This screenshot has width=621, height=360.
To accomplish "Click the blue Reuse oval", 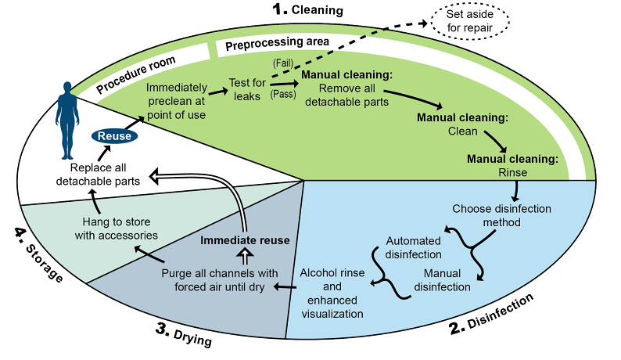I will [x=114, y=136].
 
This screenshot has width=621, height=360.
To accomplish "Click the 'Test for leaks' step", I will [x=248, y=88].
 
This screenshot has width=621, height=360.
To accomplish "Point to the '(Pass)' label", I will [x=282, y=95].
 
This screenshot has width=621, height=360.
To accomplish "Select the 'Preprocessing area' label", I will [x=277, y=43].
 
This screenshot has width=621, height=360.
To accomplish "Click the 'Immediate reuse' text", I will [x=245, y=240].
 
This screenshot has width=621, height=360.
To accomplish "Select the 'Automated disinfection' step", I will [x=414, y=247].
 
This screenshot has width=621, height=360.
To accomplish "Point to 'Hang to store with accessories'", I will [x=117, y=227].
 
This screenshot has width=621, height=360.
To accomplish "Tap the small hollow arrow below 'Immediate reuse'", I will [x=245, y=255].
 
